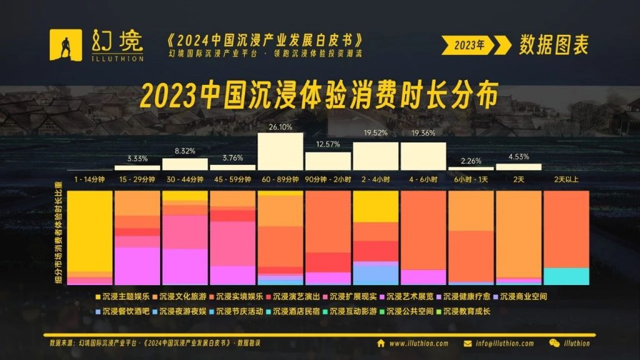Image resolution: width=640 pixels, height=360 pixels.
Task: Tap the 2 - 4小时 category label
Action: coord(375,179)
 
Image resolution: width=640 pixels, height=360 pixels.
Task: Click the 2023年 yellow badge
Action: coord(470,44)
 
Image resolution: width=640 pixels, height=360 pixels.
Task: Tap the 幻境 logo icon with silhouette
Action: coord(66,44)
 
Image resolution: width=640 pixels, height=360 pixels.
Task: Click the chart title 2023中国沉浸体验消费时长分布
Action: coord(319,97)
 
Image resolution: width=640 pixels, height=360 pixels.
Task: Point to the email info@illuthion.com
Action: coord(503,343)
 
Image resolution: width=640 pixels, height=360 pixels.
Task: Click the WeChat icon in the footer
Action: coord(554,343)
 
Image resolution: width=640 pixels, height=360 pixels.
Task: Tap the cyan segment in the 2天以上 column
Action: coord(566,276)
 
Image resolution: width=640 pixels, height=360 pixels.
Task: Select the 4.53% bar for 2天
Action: coord(518,167)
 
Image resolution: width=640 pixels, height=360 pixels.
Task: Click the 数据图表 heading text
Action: coord(553,44)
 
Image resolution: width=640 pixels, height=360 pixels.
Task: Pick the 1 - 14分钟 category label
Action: coord(90,179)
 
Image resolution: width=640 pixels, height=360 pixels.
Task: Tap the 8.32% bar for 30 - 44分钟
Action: coord(185,164)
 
